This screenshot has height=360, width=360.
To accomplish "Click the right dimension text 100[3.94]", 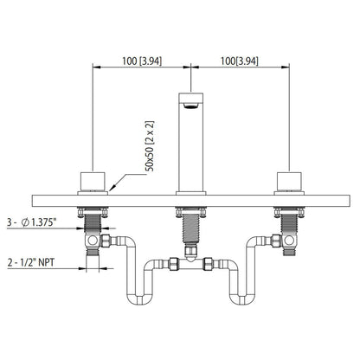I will point(236,63).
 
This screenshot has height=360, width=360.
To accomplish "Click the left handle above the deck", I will point(92,181).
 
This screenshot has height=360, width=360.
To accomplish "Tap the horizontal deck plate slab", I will point(190,198).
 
